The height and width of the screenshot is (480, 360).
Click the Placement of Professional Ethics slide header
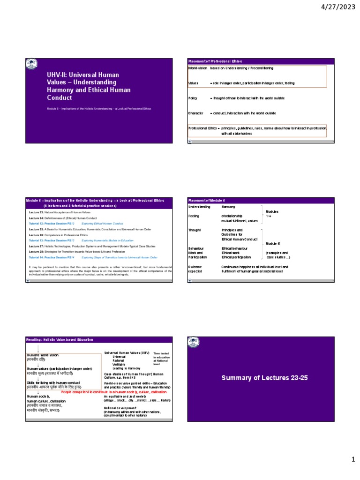point(209,61)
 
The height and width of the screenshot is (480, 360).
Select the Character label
point(195,113)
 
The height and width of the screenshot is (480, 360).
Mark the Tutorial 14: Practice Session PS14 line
point(93,257)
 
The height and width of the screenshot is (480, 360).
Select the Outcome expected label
point(196,269)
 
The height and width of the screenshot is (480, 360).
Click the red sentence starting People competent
point(114,392)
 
